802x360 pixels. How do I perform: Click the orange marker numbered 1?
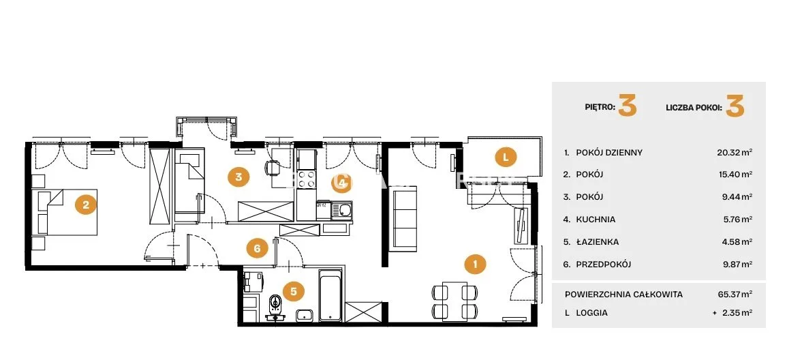[476, 265]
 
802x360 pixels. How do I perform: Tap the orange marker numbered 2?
[86, 205]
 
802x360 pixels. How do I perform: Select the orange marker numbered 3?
[238, 177]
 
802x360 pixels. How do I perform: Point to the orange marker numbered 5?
[294, 291]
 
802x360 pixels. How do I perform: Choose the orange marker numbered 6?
[257, 249]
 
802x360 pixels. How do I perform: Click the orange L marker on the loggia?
[506, 157]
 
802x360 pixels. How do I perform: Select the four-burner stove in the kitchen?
[307, 180]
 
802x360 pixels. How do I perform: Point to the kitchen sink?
[341, 209]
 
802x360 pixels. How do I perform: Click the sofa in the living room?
[403, 217]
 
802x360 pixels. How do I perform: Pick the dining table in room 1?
[455, 301]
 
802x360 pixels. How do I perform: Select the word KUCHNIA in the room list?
[596, 219]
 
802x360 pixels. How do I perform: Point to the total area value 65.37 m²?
[735, 295]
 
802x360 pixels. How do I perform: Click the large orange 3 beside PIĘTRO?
[627, 106]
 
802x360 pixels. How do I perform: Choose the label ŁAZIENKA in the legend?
[598, 242]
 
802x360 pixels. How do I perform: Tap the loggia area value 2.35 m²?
[737, 312]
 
